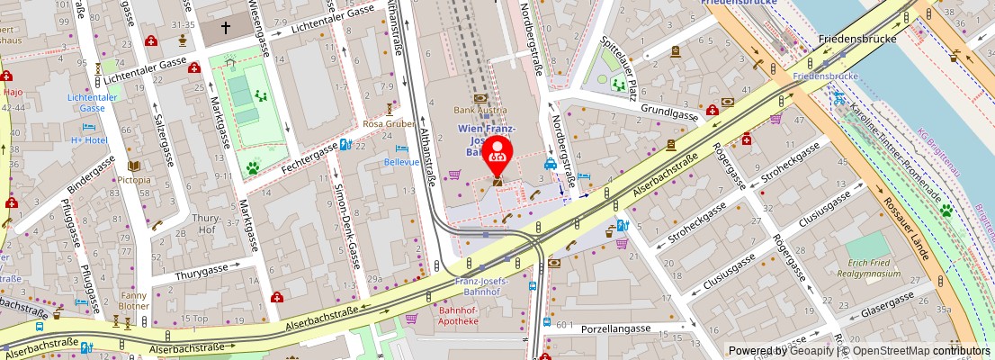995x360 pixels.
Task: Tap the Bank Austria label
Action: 480,110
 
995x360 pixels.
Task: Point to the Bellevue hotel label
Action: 401,162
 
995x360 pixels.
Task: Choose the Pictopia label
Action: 133,179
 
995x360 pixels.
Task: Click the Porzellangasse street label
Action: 615,328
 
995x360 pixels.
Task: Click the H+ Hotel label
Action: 89,139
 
